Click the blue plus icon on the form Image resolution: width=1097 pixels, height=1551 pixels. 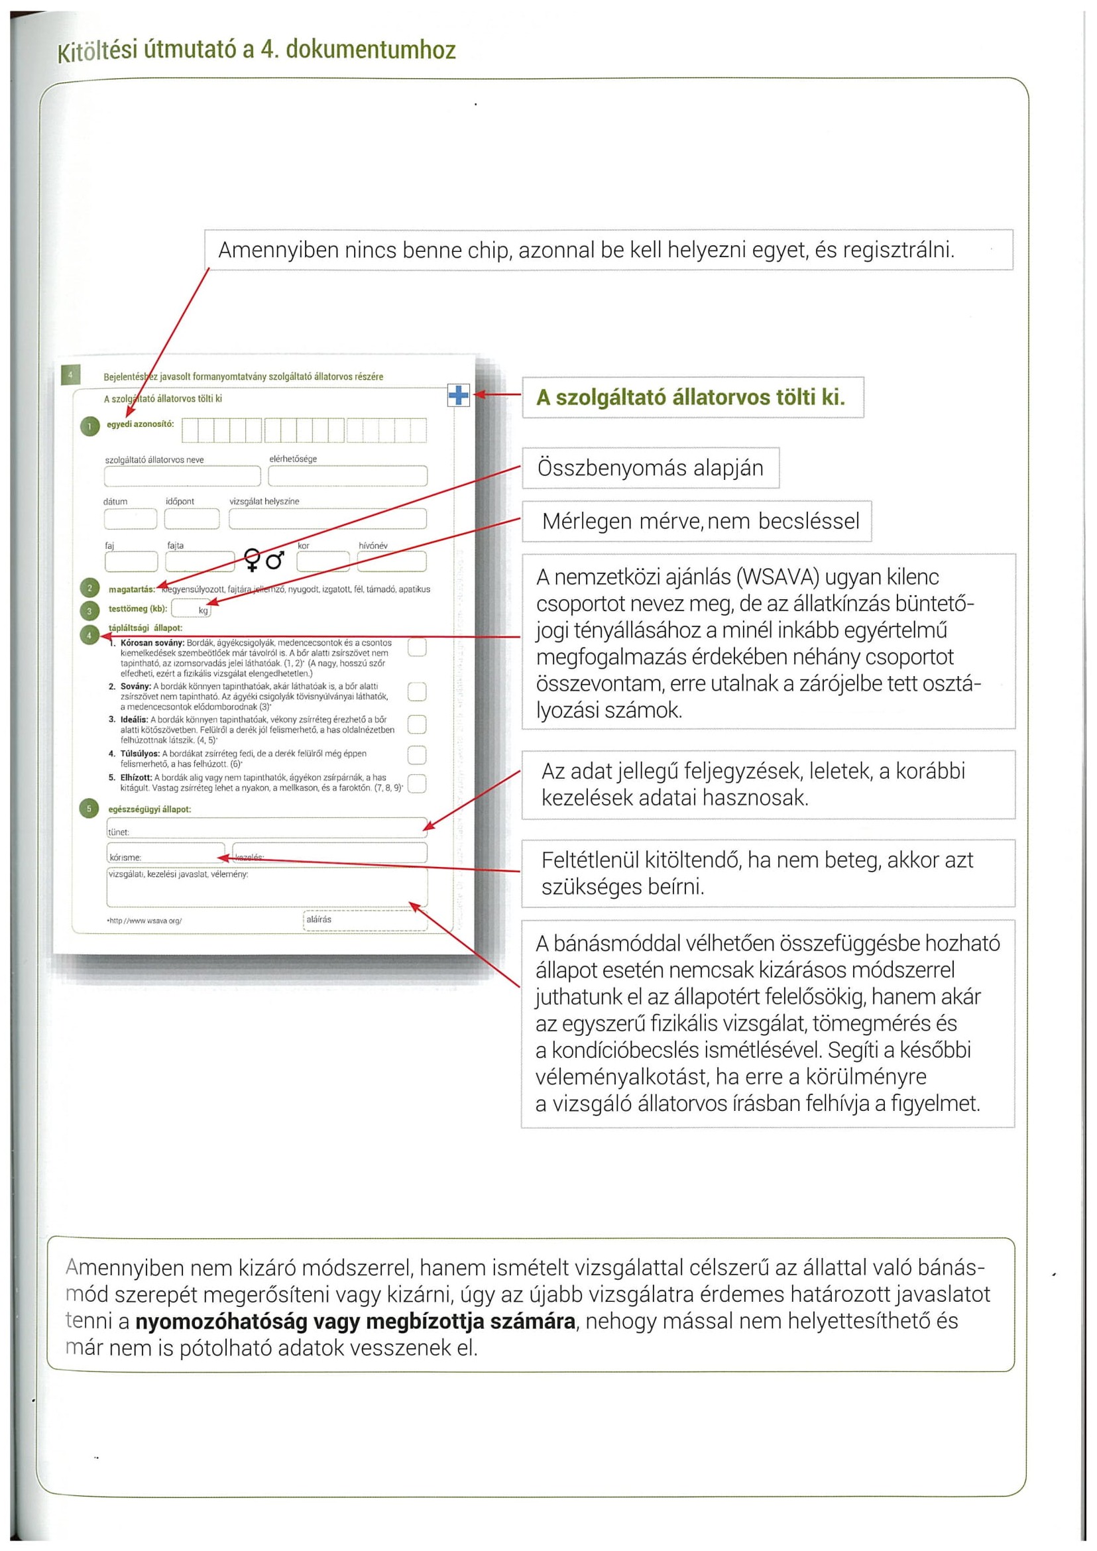[459, 395]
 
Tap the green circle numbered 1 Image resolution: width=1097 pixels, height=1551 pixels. [90, 427]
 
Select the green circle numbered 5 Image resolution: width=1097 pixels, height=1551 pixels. [89, 809]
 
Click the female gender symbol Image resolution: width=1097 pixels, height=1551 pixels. [252, 560]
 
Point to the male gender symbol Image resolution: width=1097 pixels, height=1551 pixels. [275, 560]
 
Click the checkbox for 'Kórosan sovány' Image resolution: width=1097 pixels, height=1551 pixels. [418, 647]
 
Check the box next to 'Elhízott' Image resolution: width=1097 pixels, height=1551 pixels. [418, 783]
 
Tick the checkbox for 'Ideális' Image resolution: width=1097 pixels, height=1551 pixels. [418, 724]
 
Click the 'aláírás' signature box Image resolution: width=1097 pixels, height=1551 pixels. [365, 921]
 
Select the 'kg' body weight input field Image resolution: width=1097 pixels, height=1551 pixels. [191, 608]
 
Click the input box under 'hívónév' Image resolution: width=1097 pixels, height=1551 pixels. [392, 561]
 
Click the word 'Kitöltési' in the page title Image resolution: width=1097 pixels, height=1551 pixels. [97, 50]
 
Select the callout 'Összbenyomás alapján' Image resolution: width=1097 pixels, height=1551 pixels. [650, 468]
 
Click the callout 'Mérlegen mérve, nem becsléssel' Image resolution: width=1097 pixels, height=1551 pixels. [697, 522]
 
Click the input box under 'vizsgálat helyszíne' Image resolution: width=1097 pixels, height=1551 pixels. [327, 519]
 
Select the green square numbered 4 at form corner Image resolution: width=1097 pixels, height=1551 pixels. [70, 375]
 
